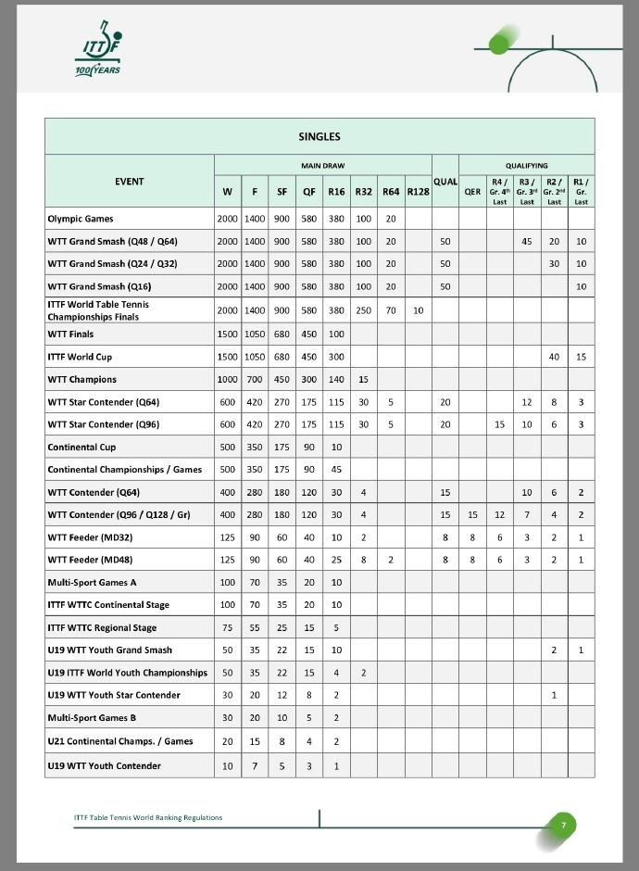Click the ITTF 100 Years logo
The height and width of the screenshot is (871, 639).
[x=97, y=54]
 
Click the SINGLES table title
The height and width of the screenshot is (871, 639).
[x=319, y=136]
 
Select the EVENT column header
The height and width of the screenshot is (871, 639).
[x=129, y=181]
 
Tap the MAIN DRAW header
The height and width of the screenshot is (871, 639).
[x=322, y=166]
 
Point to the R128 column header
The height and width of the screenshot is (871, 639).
[x=418, y=192]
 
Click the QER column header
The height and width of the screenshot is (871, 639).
[x=472, y=192]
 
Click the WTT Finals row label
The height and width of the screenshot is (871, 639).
[x=70, y=334]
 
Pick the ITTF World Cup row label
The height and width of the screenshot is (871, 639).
[x=80, y=357]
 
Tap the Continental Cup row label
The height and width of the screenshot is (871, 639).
[x=80, y=447]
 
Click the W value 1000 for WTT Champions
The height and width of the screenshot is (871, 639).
[x=227, y=379]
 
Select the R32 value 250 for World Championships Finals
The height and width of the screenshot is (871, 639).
[x=363, y=309]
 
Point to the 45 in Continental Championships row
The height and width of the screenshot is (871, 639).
[x=336, y=469]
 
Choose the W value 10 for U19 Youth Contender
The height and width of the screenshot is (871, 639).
[x=227, y=765]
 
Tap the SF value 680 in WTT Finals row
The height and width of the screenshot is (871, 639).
[x=282, y=334]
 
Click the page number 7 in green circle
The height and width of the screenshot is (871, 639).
[x=562, y=824]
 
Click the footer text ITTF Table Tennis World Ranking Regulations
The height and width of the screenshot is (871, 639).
[x=148, y=817]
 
